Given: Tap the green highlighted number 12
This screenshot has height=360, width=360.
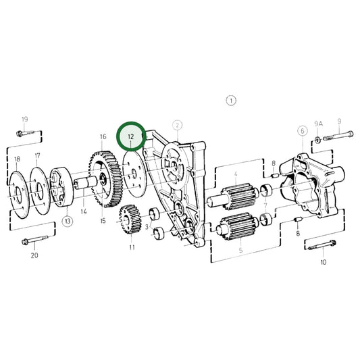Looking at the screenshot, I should coord(131,136).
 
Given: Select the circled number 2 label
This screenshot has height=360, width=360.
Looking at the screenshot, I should coord(177,125).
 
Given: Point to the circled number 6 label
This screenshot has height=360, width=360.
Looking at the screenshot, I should coord(302,130).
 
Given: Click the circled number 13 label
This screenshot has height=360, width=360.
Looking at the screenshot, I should coord(68,221).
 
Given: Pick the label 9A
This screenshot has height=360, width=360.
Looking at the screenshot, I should coord(318,122).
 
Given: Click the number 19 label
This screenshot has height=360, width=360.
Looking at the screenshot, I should coord(24,120).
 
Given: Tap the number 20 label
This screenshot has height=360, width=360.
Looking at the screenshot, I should coord(34,255).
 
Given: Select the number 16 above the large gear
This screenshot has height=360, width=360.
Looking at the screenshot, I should coord(103,136).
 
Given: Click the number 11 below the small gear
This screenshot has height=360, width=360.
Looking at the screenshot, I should coord(132,248).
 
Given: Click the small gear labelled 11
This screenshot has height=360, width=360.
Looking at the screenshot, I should coord(128,220).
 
